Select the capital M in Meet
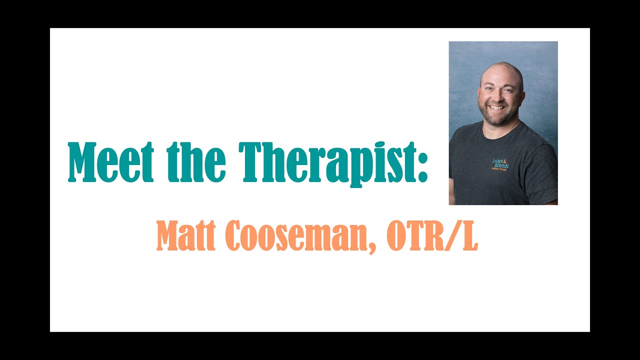(82, 162)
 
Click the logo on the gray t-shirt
(500, 164)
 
